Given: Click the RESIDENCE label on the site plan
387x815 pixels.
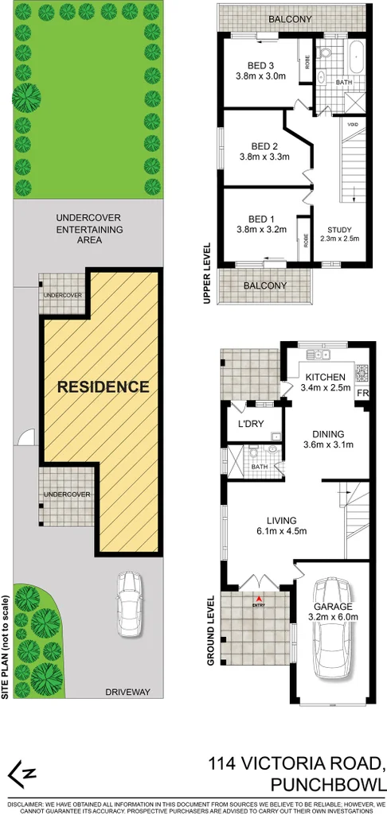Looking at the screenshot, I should (x=103, y=387).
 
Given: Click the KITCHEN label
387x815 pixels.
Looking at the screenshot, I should (x=325, y=377).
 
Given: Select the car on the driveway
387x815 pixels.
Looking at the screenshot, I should (x=129, y=604).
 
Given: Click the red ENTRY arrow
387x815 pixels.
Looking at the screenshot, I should (x=257, y=598).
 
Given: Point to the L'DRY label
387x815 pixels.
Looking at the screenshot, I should (x=251, y=424).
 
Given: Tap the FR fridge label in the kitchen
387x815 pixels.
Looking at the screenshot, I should (x=363, y=394).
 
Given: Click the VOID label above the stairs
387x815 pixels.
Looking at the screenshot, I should (x=352, y=124).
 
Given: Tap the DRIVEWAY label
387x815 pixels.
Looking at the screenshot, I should (x=127, y=692).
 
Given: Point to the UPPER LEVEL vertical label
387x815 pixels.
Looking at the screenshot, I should (x=206, y=272).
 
